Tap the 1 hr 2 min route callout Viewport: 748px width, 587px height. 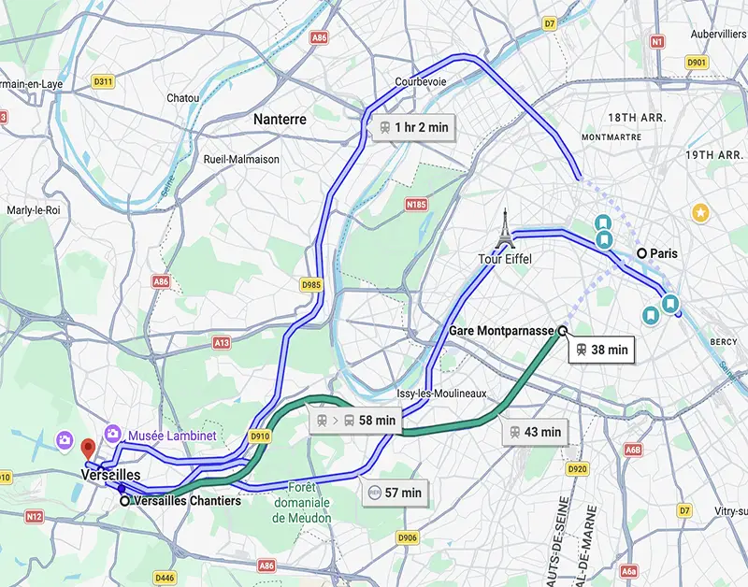tap(410, 127)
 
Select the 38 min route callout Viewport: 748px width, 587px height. tap(601, 350)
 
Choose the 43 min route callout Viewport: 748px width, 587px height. tap(536, 432)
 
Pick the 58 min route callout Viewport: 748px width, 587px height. tap(356, 421)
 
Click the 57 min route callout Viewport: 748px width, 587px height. tap(396, 492)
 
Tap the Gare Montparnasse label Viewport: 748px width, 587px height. tap(502, 331)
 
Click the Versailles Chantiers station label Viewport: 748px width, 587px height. tap(187, 501)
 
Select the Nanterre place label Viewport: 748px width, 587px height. tap(280, 120)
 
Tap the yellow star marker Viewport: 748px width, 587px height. tap(700, 213)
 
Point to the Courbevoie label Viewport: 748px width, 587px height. tap(421, 82)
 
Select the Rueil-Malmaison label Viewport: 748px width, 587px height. tap(241, 159)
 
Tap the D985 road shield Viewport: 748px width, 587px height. tap(311, 284)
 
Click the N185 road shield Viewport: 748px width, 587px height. tap(416, 203)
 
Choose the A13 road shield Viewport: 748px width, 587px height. tap(221, 343)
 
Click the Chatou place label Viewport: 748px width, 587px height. tap(182, 98)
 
